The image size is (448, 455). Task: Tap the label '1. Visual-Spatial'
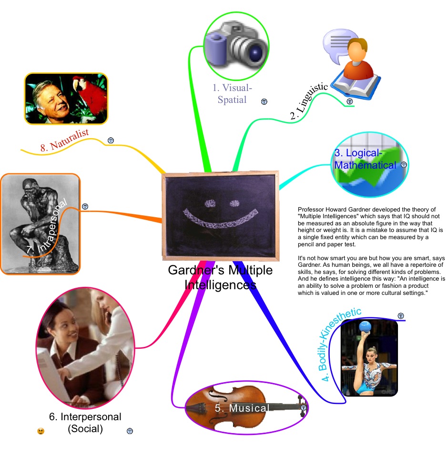click(232, 93)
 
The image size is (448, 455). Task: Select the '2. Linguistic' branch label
click(309, 101)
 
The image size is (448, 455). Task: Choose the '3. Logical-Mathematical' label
click(365, 160)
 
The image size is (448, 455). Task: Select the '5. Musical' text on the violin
click(242, 408)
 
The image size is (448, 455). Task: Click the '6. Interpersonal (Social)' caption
click(85, 423)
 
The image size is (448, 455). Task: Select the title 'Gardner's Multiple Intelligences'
click(220, 278)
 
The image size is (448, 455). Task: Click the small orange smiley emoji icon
click(41, 431)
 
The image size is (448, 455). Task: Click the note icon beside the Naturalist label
click(111, 141)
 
